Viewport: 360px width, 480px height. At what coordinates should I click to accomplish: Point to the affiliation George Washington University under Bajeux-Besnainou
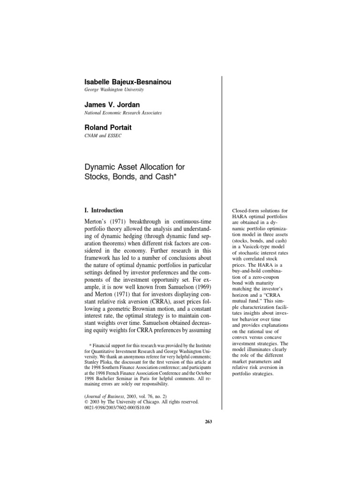(113, 90)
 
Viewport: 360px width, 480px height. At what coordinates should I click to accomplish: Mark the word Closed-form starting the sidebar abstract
(245, 212)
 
